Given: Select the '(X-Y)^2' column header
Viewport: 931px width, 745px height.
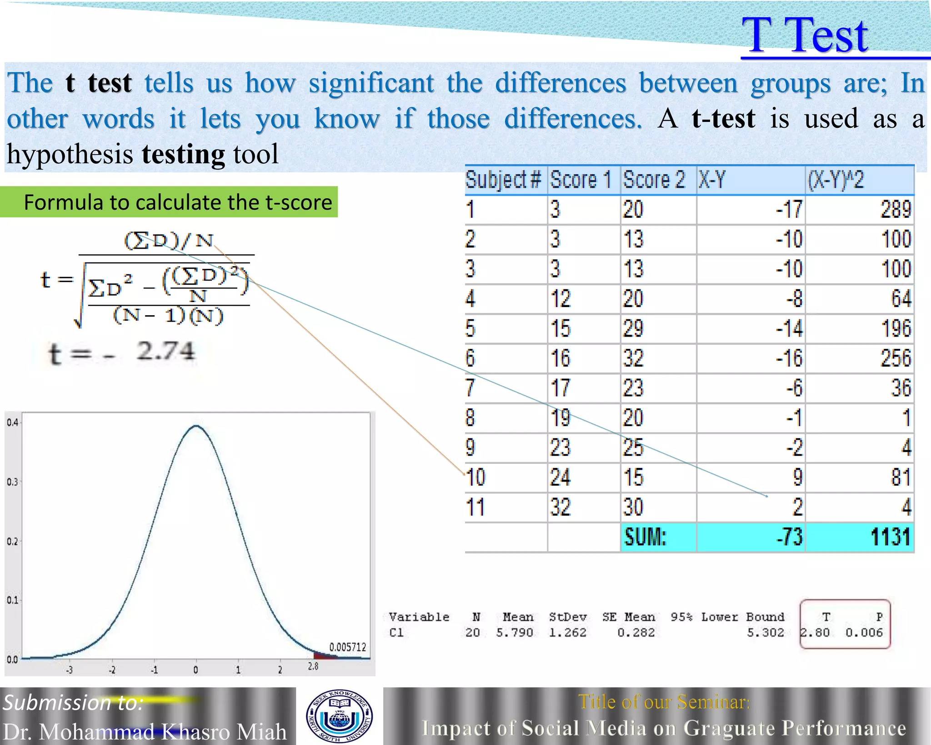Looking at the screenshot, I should (x=836, y=180).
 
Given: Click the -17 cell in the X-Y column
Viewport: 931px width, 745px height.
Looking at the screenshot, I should (x=789, y=210).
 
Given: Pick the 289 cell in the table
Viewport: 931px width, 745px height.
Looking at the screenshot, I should (x=896, y=210).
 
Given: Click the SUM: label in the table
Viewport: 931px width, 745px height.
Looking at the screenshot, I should (x=645, y=537).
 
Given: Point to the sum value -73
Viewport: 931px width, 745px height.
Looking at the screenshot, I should (x=789, y=537).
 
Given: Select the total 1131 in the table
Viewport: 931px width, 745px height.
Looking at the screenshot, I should (x=890, y=537).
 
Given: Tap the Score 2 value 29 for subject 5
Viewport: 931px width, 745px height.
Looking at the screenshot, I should (x=633, y=328).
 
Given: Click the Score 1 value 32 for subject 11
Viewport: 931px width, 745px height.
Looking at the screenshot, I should (x=560, y=507).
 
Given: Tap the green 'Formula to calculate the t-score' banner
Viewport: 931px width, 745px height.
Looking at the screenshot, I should (x=177, y=202).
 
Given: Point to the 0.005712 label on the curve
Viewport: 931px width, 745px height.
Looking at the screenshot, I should (x=347, y=647).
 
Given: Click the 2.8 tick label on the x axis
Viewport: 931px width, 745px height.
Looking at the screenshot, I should (x=313, y=667).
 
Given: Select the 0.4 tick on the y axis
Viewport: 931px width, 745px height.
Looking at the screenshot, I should (x=12, y=423).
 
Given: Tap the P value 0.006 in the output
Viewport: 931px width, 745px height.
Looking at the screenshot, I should (x=864, y=633).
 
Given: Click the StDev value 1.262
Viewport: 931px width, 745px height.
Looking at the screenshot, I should (x=567, y=633).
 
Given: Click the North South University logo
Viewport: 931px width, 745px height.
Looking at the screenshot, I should (x=339, y=716).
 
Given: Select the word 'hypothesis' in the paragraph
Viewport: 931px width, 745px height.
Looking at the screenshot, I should (x=70, y=154).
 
